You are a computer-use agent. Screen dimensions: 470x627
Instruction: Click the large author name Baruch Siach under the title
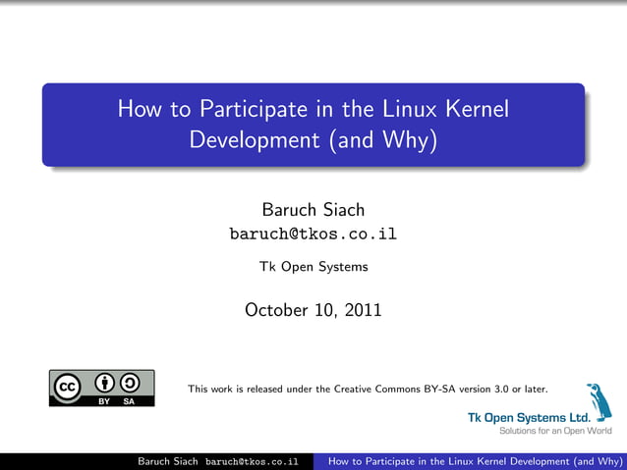(313, 210)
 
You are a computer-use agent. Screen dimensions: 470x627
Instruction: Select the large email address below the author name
(313, 235)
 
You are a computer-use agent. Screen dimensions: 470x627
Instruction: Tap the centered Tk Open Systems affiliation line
(313, 266)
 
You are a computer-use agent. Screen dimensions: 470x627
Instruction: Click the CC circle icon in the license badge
(67, 388)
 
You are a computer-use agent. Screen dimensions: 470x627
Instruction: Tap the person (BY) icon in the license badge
(103, 384)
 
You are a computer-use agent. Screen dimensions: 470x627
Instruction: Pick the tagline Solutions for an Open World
(555, 430)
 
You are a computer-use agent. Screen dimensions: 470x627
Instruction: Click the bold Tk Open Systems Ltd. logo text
(527, 417)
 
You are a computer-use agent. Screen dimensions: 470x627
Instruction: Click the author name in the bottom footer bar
(167, 461)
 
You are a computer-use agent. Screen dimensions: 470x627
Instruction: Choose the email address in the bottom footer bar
(252, 461)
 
